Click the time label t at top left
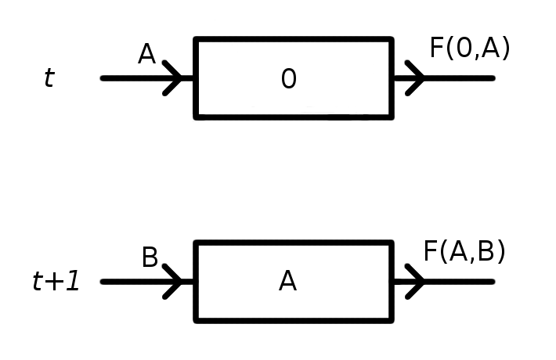(x=49, y=78)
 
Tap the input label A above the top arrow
(x=146, y=54)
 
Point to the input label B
(x=150, y=257)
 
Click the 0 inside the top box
(x=289, y=79)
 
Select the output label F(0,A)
(x=470, y=49)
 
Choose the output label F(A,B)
(x=464, y=251)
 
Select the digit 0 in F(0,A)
(x=464, y=49)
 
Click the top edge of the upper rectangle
(x=293, y=39)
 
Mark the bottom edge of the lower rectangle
(x=293, y=319)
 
